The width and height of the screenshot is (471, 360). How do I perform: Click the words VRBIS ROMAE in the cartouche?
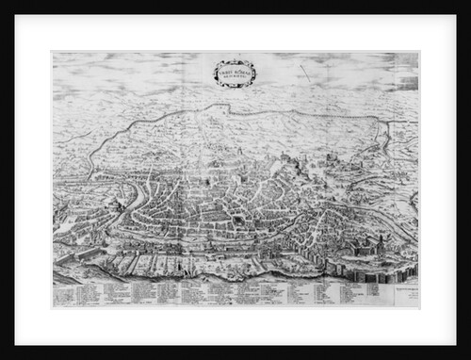[x=234, y=68]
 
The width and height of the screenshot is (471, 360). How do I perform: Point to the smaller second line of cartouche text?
[x=234, y=74]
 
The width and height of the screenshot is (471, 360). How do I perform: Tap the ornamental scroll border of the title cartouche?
[x=218, y=72]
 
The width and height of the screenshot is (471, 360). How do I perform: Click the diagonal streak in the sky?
[x=305, y=74]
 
